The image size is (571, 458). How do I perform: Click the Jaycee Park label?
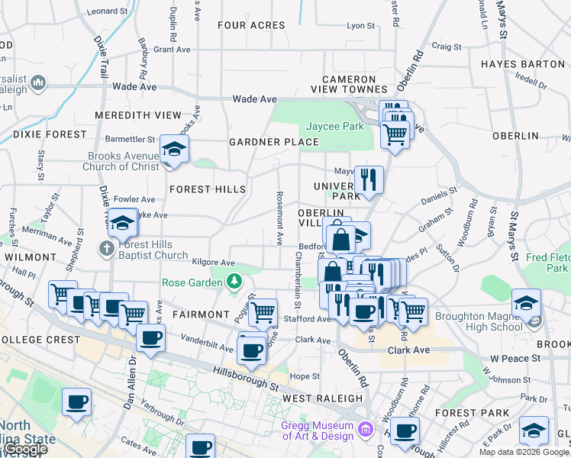click(335, 126)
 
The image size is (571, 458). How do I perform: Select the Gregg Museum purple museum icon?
click(367, 431)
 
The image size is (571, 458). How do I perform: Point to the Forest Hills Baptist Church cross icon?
click(106, 249)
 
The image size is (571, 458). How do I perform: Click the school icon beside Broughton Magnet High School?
click(526, 304)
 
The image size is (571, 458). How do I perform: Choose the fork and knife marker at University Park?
click(369, 180)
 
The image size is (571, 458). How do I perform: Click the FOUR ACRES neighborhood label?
click(251, 25)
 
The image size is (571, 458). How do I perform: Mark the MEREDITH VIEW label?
click(138, 114)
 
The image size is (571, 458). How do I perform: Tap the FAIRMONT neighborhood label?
click(201, 314)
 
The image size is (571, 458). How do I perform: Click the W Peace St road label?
click(515, 357)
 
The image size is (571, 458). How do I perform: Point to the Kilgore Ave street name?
click(213, 262)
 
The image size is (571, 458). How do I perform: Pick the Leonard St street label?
click(107, 11)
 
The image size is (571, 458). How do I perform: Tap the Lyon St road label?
click(356, 25)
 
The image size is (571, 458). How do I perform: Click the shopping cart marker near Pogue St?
click(263, 311)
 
